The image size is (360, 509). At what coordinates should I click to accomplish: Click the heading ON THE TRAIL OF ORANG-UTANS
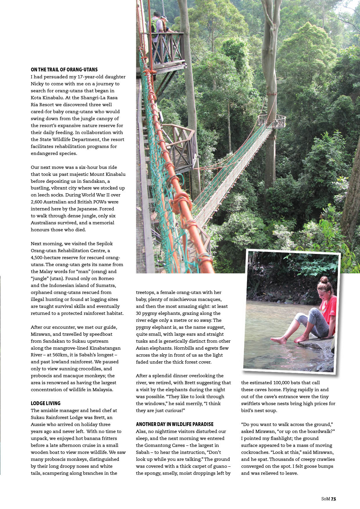point(64,70)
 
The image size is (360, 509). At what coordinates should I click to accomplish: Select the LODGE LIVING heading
point(46,403)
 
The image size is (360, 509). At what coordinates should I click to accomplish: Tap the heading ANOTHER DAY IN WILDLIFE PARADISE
point(175,424)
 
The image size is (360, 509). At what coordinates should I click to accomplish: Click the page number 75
point(333,499)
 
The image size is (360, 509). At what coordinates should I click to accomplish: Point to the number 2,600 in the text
point(38,202)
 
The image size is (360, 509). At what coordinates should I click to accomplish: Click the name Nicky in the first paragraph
point(37,84)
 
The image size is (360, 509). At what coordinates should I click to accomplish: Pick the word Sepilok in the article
point(105,244)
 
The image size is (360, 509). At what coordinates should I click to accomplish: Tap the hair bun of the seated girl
point(324,280)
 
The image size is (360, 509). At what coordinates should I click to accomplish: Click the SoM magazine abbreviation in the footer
point(325,499)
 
